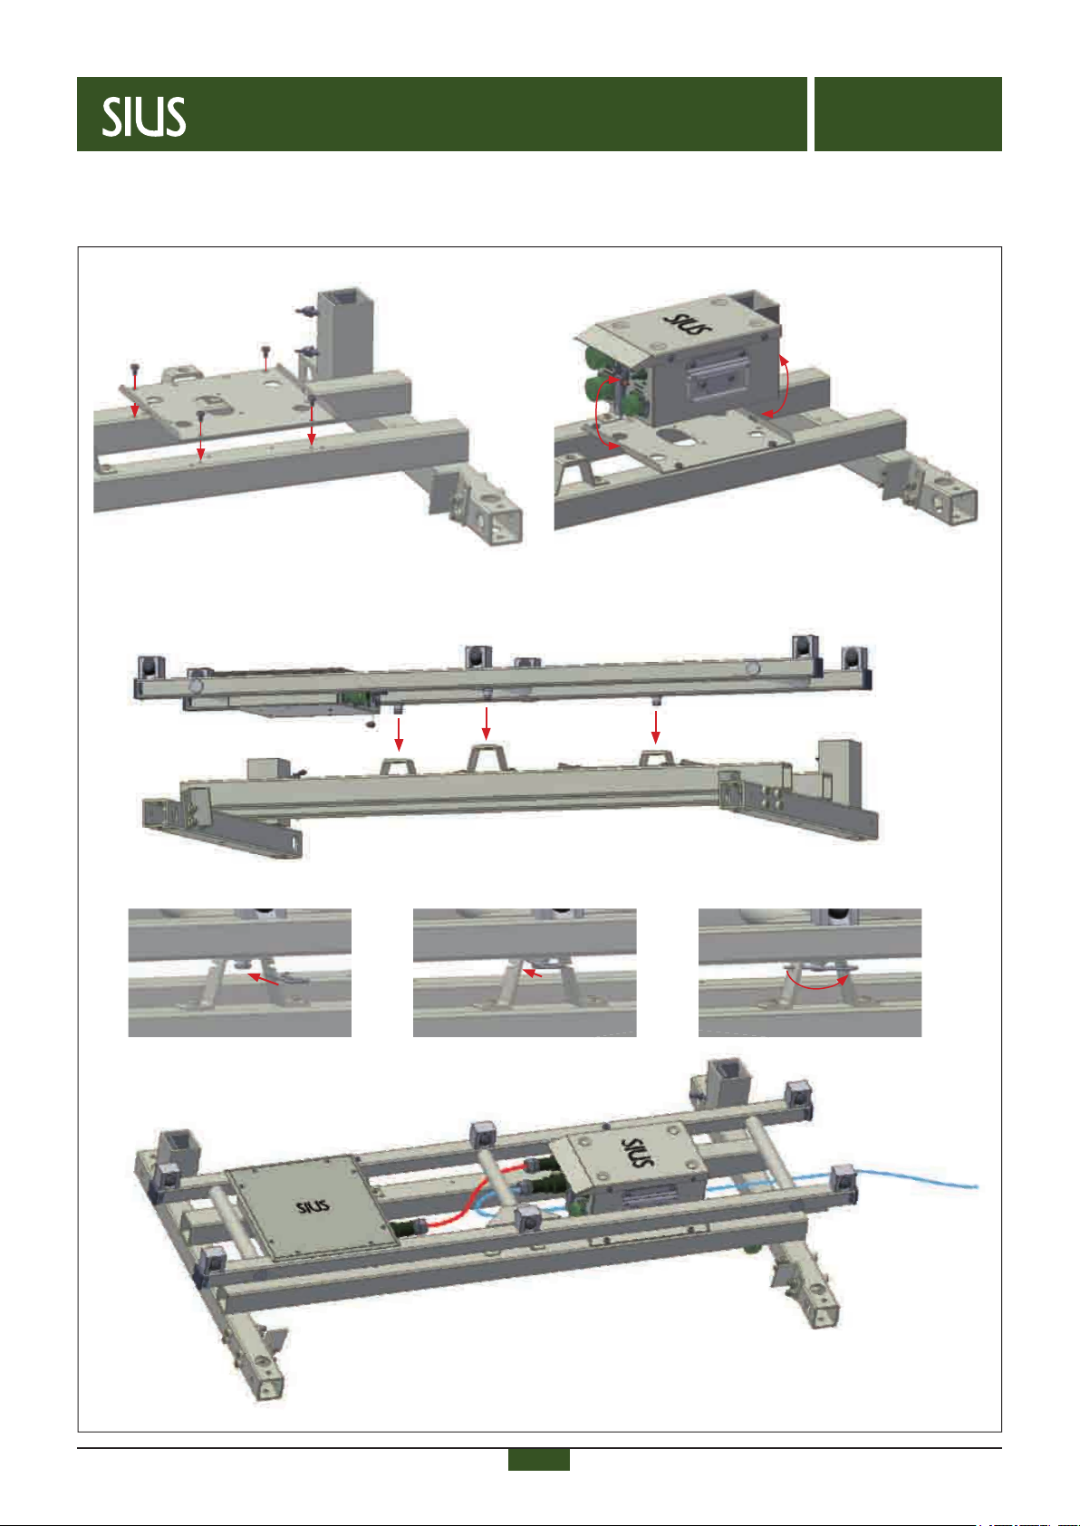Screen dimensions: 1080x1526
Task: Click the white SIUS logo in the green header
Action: [144, 117]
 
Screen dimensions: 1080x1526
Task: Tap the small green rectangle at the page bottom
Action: [538, 1459]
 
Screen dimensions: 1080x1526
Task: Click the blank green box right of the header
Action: [908, 114]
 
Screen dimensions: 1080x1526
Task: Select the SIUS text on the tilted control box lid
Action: [688, 323]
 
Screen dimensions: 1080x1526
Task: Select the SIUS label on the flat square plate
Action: [313, 1206]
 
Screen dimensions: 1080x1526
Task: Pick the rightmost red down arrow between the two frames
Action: [655, 727]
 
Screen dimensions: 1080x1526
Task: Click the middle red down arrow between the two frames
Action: [486, 724]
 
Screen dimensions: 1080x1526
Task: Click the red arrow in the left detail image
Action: [263, 979]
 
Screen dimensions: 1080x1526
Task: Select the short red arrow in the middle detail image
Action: [532, 974]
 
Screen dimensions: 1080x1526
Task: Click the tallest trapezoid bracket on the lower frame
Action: [487, 757]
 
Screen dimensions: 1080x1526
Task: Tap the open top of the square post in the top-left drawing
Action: [347, 296]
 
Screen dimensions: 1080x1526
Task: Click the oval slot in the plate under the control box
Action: [678, 436]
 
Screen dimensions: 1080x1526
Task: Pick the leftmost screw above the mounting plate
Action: [135, 370]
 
